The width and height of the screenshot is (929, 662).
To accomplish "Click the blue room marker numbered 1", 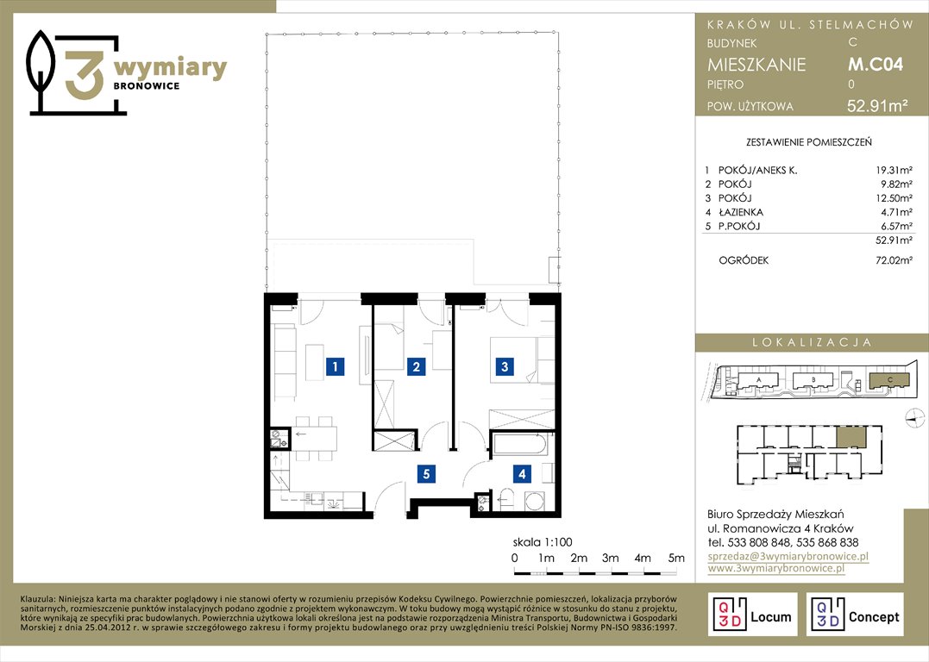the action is click(x=335, y=366).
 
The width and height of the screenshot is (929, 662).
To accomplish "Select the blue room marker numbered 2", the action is click(x=416, y=366).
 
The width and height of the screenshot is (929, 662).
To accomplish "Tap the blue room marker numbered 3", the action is click(x=505, y=366).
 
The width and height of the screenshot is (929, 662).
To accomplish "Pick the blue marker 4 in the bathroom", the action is click(x=522, y=474).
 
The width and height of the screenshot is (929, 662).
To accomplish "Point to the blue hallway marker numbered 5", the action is click(x=426, y=474).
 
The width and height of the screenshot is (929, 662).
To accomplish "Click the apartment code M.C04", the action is click(x=875, y=64).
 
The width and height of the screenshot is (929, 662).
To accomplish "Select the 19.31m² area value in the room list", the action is click(x=894, y=171).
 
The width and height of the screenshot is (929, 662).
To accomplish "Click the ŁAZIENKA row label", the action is click(x=741, y=212).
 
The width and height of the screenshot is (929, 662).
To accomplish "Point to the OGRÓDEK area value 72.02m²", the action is click(x=894, y=260).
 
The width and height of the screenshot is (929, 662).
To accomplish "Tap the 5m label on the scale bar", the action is click(x=676, y=558).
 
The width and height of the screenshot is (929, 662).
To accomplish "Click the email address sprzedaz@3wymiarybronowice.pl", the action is click(x=788, y=556).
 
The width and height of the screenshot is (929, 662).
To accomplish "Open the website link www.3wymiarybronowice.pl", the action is click(x=776, y=568).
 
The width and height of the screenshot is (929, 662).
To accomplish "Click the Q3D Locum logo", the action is click(x=752, y=615).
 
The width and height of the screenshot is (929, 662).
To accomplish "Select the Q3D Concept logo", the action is click(x=855, y=615).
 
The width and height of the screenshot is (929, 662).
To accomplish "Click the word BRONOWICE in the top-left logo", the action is click(x=147, y=86).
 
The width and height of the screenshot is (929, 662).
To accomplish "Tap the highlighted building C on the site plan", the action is click(x=888, y=380).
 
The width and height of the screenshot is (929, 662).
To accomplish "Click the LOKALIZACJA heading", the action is click(x=812, y=342).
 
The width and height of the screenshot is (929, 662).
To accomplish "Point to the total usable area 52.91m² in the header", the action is click(x=877, y=106).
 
